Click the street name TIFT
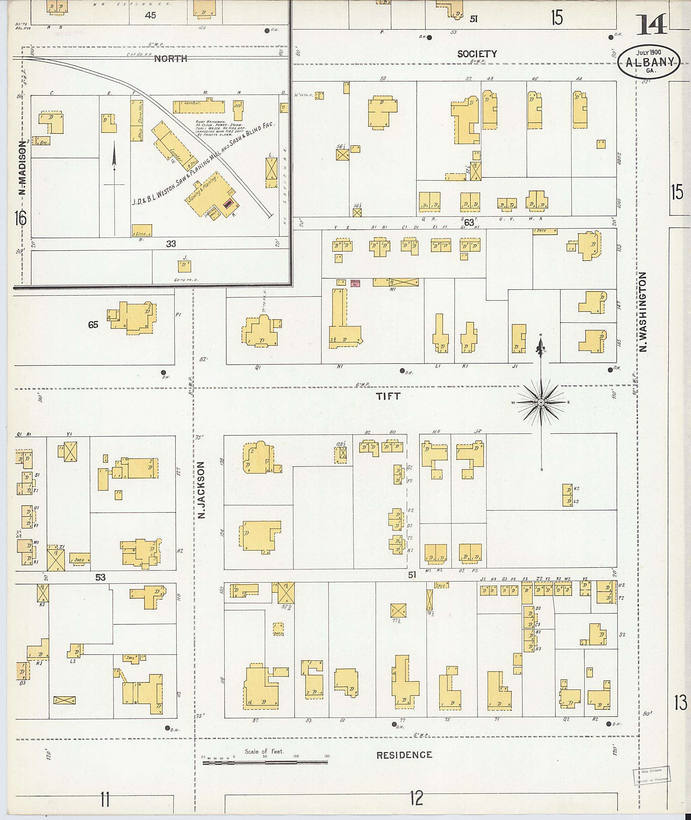[x=388, y=396]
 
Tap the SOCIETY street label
[x=477, y=54]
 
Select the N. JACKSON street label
[x=201, y=490]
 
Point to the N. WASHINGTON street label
[x=643, y=312]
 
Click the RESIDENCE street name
[x=404, y=755]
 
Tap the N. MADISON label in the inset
[x=22, y=167]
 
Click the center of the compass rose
[x=541, y=402]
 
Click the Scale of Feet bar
[x=265, y=762]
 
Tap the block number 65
[x=93, y=324]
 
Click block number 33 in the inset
[x=171, y=244]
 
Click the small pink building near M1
[x=355, y=282]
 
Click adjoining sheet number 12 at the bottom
[x=417, y=798]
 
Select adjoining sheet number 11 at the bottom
[x=105, y=800]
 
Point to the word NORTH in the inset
[x=170, y=59]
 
